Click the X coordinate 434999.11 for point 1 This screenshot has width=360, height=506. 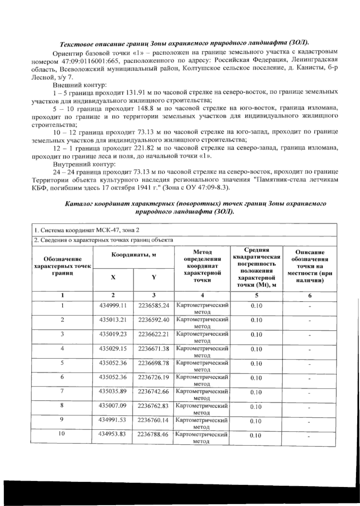(113, 305)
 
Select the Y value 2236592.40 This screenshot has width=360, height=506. (154, 320)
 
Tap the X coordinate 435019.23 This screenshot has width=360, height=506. (113, 334)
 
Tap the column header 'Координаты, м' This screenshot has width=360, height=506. (134, 255)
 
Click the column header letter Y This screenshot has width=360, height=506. (154, 277)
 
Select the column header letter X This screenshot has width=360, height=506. (113, 277)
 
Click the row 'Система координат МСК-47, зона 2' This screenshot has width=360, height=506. (87, 230)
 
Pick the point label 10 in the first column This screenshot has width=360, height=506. (62, 434)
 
